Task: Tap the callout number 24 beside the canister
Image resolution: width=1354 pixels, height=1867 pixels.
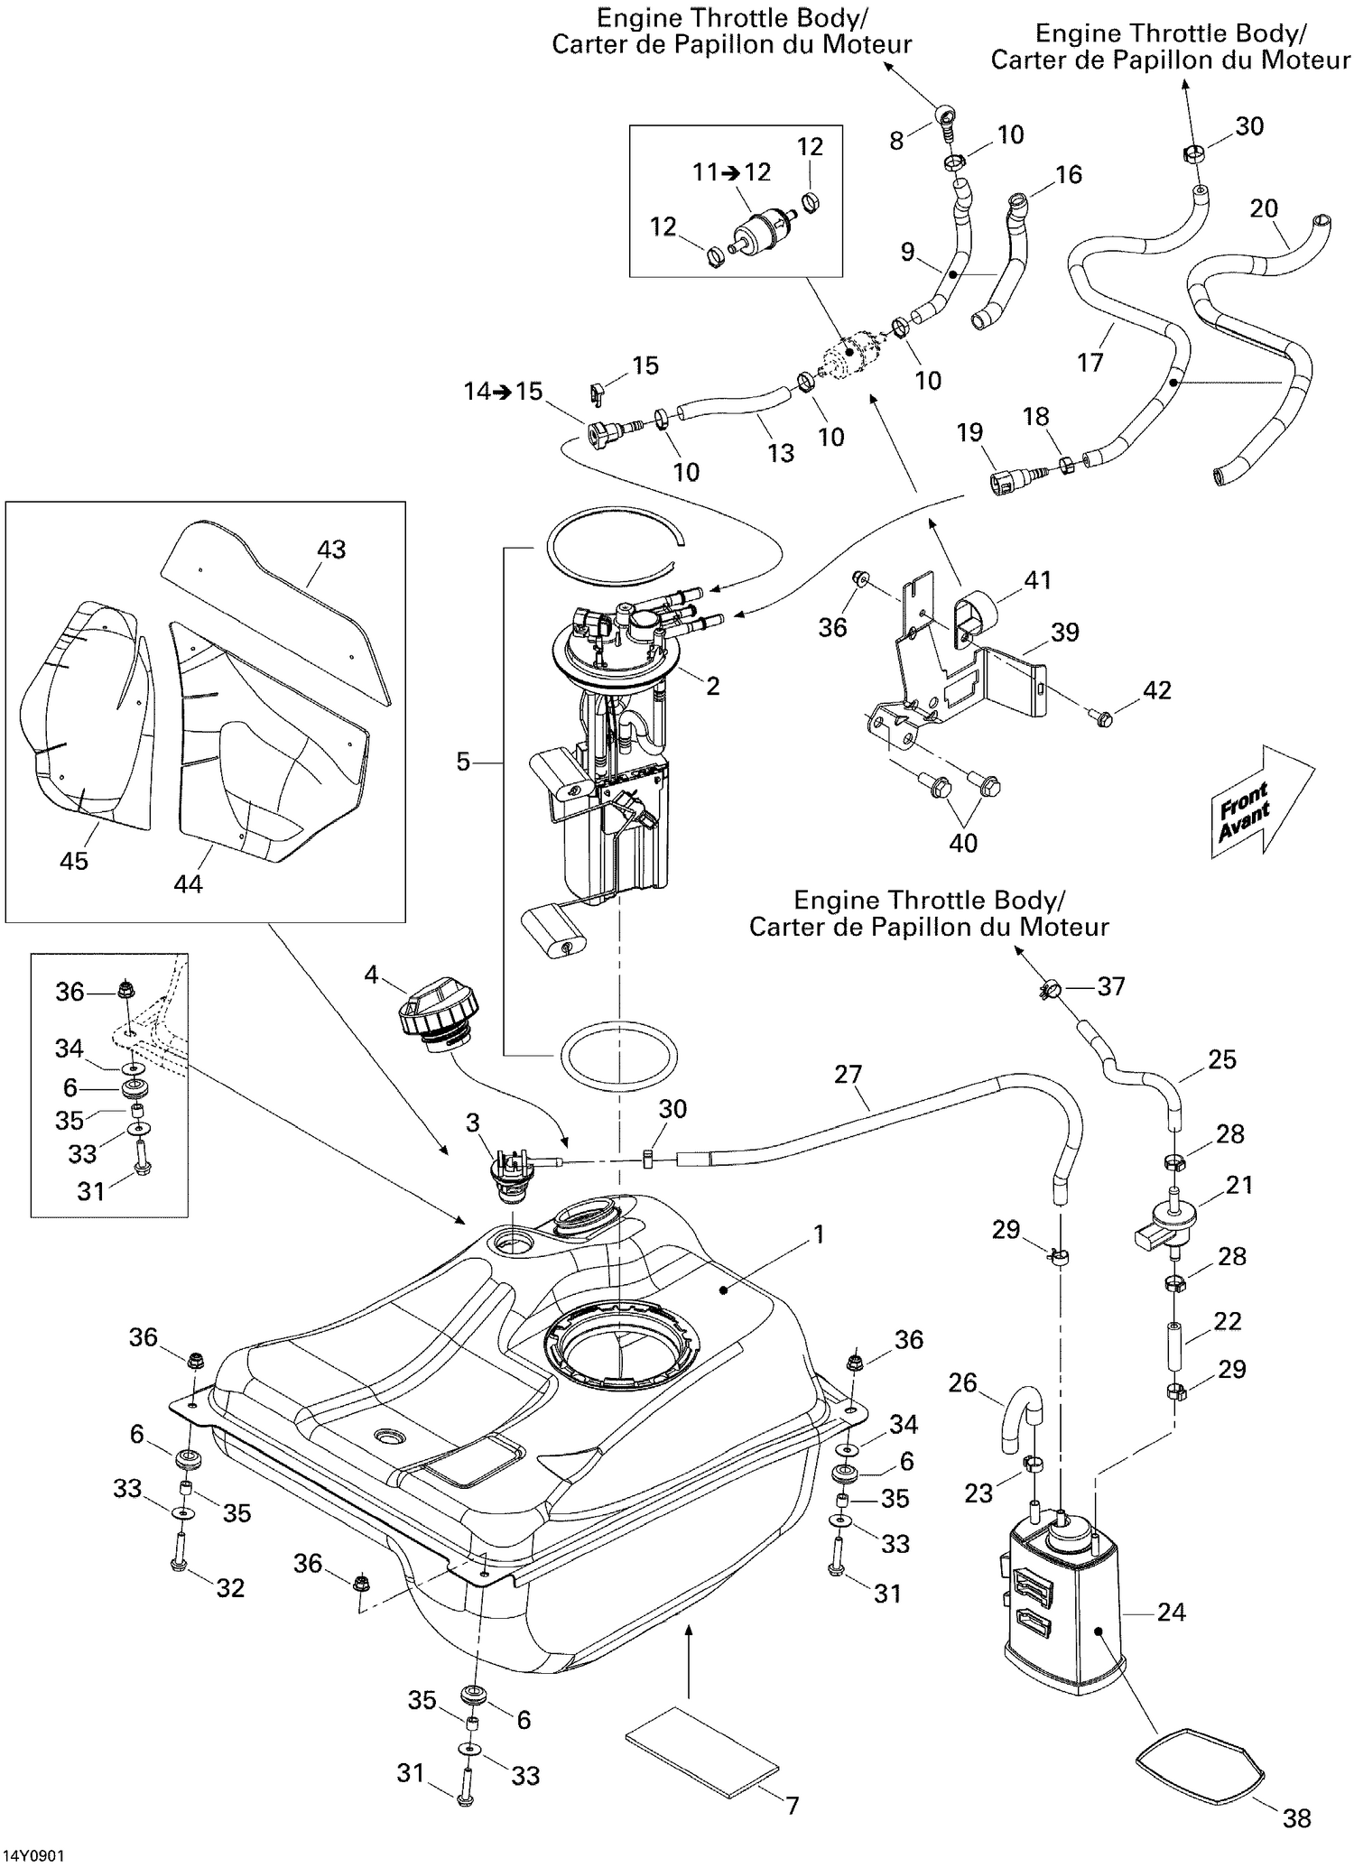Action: pos(1171,1612)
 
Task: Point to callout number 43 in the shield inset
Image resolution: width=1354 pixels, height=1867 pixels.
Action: pos(331,550)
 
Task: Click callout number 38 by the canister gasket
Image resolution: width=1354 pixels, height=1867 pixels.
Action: pos(1296,1817)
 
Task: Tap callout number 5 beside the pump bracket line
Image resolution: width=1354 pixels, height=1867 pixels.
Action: pos(463,763)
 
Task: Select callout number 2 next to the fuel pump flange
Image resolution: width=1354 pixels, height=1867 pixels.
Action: pos(712,686)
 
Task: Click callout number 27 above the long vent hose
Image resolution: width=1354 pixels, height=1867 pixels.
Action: pos(849,1074)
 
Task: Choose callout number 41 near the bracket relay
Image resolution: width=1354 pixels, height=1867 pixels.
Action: pos(1038,580)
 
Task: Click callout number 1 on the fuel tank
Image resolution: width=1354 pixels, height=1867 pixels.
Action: pos(819,1234)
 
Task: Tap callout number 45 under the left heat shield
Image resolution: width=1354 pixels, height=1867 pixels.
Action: pos(74,860)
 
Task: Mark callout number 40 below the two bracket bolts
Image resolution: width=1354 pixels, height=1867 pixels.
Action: pos(963,843)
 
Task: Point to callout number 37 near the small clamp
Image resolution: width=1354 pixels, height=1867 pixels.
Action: pos(1110,986)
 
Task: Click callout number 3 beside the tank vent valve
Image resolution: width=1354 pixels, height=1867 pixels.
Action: pos(472,1123)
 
